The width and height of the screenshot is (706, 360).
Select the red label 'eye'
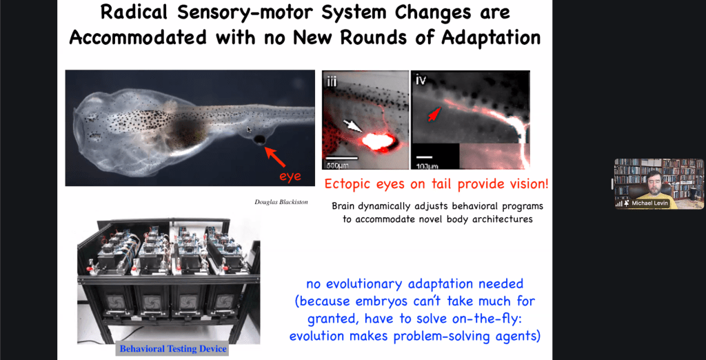click(290, 176)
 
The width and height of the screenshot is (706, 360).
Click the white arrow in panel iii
click(352, 126)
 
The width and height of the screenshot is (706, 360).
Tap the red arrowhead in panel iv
click(434, 114)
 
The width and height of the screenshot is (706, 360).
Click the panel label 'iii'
click(332, 81)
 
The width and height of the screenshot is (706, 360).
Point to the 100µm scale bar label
click(425, 165)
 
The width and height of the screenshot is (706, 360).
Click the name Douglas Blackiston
click(281, 202)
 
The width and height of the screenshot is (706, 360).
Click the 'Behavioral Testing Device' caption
click(173, 349)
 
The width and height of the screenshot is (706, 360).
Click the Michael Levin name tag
click(648, 203)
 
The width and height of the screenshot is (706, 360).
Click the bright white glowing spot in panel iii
click(378, 141)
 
